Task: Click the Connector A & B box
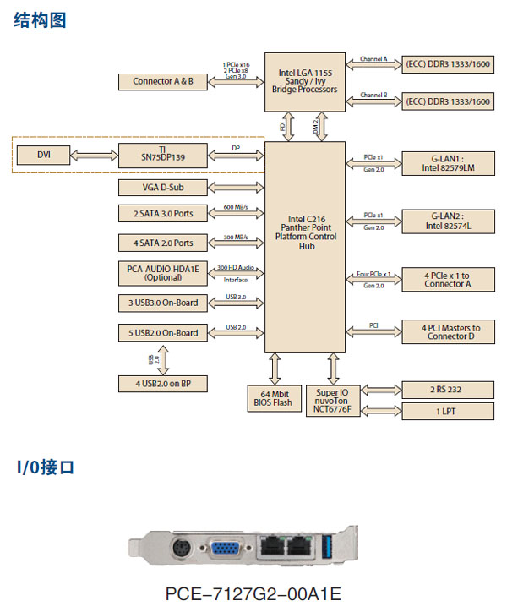pos(163,81)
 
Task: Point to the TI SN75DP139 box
pos(163,155)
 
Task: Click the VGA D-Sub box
pos(163,187)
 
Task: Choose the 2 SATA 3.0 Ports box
pos(163,213)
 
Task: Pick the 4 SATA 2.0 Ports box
pos(163,243)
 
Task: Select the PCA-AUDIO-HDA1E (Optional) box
pos(163,273)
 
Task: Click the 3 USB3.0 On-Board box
pos(163,303)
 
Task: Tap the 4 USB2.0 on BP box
pos(163,383)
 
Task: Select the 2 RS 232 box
pos(446,390)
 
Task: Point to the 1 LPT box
pos(446,411)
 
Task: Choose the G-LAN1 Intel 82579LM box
pos(446,161)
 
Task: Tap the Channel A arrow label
pos(373,59)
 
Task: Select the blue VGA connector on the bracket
pos(224,548)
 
